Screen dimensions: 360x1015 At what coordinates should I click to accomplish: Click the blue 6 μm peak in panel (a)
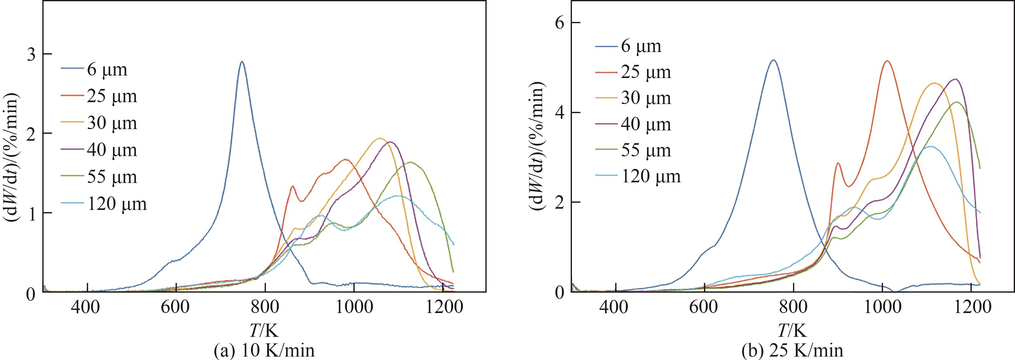pyautogui.click(x=242, y=62)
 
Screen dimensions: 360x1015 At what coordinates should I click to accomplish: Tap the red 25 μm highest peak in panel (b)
pyautogui.click(x=884, y=61)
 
